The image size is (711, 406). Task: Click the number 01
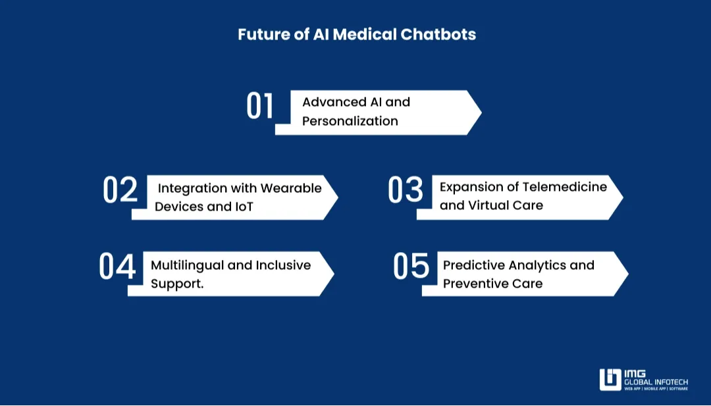(260, 107)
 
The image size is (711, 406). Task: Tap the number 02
(120, 190)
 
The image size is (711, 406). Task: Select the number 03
(406, 190)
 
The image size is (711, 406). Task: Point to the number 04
(117, 266)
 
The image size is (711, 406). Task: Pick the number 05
(411, 266)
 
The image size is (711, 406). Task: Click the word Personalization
(350, 121)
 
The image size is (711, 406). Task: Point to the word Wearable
(291, 188)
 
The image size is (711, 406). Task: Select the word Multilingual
(187, 265)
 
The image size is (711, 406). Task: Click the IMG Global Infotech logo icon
(610, 379)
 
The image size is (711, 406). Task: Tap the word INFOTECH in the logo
(670, 382)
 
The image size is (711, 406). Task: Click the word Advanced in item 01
(334, 102)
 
